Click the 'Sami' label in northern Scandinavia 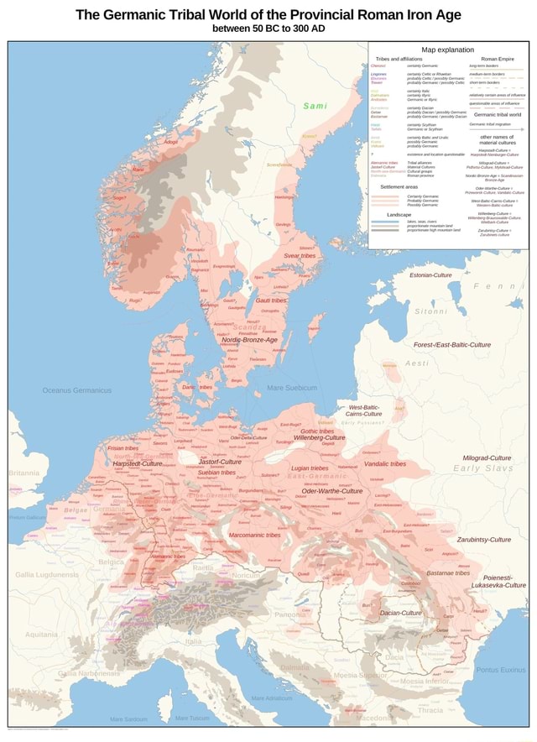[315, 106]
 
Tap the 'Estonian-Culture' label [432, 274]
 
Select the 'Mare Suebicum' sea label [291, 388]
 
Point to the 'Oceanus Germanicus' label [77, 390]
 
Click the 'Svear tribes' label [300, 255]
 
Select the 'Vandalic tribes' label [385, 463]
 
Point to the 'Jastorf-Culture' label [220, 462]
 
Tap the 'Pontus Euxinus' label [501, 669]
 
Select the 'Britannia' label [23, 473]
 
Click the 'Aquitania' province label [41, 635]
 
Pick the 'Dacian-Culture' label [401, 613]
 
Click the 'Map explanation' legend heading [448, 50]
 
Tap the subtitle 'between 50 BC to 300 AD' [268, 29]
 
